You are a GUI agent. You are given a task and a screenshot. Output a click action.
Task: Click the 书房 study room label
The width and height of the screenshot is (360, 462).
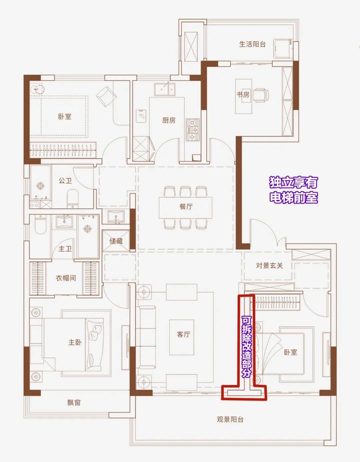click(x=243, y=94)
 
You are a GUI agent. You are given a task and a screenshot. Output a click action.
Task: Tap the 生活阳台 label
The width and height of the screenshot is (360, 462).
click(x=252, y=44)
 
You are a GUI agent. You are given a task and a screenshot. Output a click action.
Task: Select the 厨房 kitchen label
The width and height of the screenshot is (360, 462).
click(x=169, y=120)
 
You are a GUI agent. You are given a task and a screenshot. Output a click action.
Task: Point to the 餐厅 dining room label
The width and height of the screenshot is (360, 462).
click(x=186, y=207)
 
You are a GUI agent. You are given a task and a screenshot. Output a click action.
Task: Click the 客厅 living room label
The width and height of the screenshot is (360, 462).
click(x=183, y=334)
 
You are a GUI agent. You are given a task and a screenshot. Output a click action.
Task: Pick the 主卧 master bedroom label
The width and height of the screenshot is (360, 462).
click(x=75, y=342)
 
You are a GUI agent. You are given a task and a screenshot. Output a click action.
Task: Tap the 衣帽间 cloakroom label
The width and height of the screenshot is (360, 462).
click(x=66, y=278)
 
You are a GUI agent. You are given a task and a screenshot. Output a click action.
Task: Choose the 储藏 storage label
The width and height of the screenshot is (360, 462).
click(x=116, y=241)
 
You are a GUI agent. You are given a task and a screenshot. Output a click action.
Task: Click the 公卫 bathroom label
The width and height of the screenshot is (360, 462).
click(x=65, y=181)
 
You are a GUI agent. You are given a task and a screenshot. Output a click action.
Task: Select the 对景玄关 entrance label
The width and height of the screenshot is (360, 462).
click(x=269, y=265)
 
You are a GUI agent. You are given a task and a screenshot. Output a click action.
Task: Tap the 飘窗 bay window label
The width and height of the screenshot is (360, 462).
click(x=74, y=402)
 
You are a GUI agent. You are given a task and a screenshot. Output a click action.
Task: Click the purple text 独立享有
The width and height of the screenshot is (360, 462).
click(x=294, y=183)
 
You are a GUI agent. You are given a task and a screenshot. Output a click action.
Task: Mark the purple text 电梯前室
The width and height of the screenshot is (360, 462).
click(x=294, y=197)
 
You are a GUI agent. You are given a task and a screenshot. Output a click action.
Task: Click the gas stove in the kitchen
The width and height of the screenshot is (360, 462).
click(x=193, y=130)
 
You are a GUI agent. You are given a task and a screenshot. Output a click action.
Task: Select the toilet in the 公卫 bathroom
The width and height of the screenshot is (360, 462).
click(x=73, y=199)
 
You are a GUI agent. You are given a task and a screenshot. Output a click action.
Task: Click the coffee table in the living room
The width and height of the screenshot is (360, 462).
click(x=182, y=337)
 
